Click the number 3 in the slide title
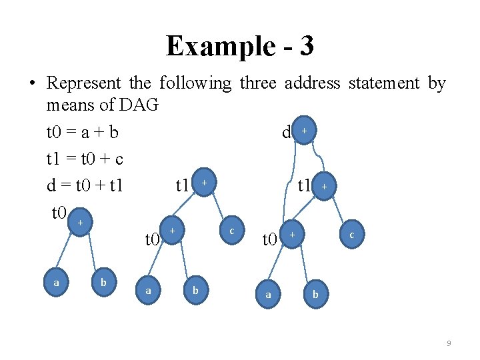point(306,46)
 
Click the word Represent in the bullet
point(84,83)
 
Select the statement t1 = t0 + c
point(85,159)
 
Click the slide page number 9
point(449,343)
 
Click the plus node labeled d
point(303,131)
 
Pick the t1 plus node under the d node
point(323,187)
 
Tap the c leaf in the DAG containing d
point(351,234)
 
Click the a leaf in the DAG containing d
point(268,293)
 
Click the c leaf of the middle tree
point(231,230)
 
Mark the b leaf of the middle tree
point(195,290)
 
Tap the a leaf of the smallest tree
point(56,283)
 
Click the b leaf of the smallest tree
point(103,283)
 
